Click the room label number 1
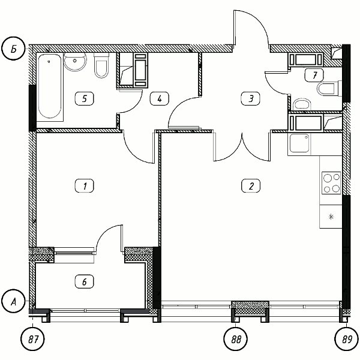point(85,186)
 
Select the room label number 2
point(251,186)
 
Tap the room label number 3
point(251,99)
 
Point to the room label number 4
point(160,99)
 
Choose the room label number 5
point(85,99)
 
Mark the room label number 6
point(85,282)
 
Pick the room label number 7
point(314,75)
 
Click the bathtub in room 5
point(50,86)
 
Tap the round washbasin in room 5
point(75,62)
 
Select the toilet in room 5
point(101,65)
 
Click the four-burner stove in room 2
point(331,183)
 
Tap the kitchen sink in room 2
point(299,143)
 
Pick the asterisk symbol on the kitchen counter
point(331,217)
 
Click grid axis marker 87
point(32,339)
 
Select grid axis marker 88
point(236,339)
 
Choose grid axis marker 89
point(346,339)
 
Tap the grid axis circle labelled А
point(13,301)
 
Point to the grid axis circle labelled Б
point(13,49)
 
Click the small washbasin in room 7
point(302,104)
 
